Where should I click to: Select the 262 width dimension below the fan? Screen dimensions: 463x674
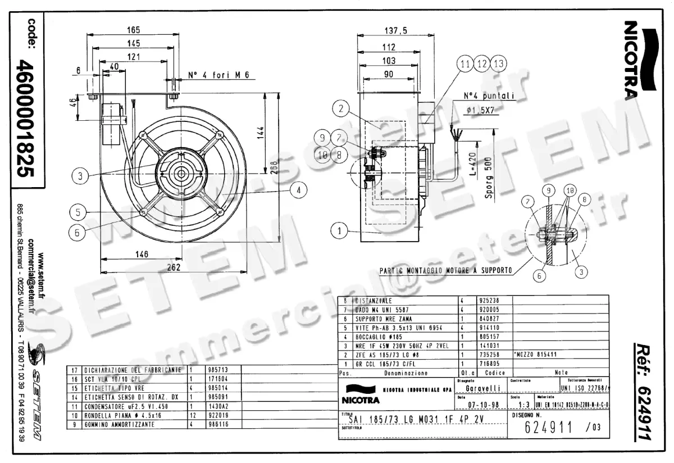[175, 267]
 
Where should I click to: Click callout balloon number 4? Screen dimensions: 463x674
[299, 190]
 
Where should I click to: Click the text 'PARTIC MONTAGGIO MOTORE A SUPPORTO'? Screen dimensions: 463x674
[445, 270]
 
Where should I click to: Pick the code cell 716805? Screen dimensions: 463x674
[486, 364]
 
